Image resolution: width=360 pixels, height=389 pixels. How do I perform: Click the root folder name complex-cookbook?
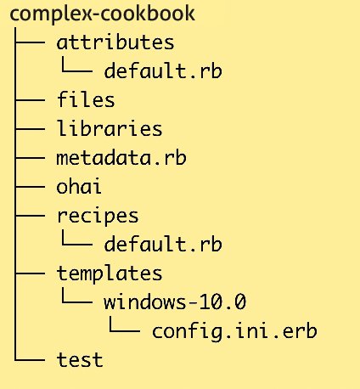tap(103, 14)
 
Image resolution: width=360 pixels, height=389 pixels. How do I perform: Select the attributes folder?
tap(115, 42)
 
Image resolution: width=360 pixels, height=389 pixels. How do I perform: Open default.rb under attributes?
tap(163, 70)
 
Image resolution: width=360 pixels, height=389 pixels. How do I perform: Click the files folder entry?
tap(86, 99)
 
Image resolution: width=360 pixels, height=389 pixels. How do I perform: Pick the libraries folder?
tap(110, 128)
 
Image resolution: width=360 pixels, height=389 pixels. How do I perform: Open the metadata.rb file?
tap(121, 157)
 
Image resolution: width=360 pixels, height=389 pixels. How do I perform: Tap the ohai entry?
tap(79, 186)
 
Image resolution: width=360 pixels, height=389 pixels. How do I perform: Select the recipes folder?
tap(98, 217)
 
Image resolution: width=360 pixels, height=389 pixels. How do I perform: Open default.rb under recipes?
tap(163, 244)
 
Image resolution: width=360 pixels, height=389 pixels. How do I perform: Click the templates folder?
tap(110, 274)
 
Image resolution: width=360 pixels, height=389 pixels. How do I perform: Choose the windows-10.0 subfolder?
tap(175, 302)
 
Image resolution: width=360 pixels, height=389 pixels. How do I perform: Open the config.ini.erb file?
tap(234, 331)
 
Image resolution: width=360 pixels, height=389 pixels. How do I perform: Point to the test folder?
tap(80, 360)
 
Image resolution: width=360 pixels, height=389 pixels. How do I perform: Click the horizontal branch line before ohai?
tap(30, 187)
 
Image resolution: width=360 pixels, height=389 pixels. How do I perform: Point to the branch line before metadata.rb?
tap(30, 158)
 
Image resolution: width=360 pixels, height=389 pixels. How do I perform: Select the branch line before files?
tap(30, 100)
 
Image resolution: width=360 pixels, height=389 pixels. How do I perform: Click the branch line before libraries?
tap(30, 129)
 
